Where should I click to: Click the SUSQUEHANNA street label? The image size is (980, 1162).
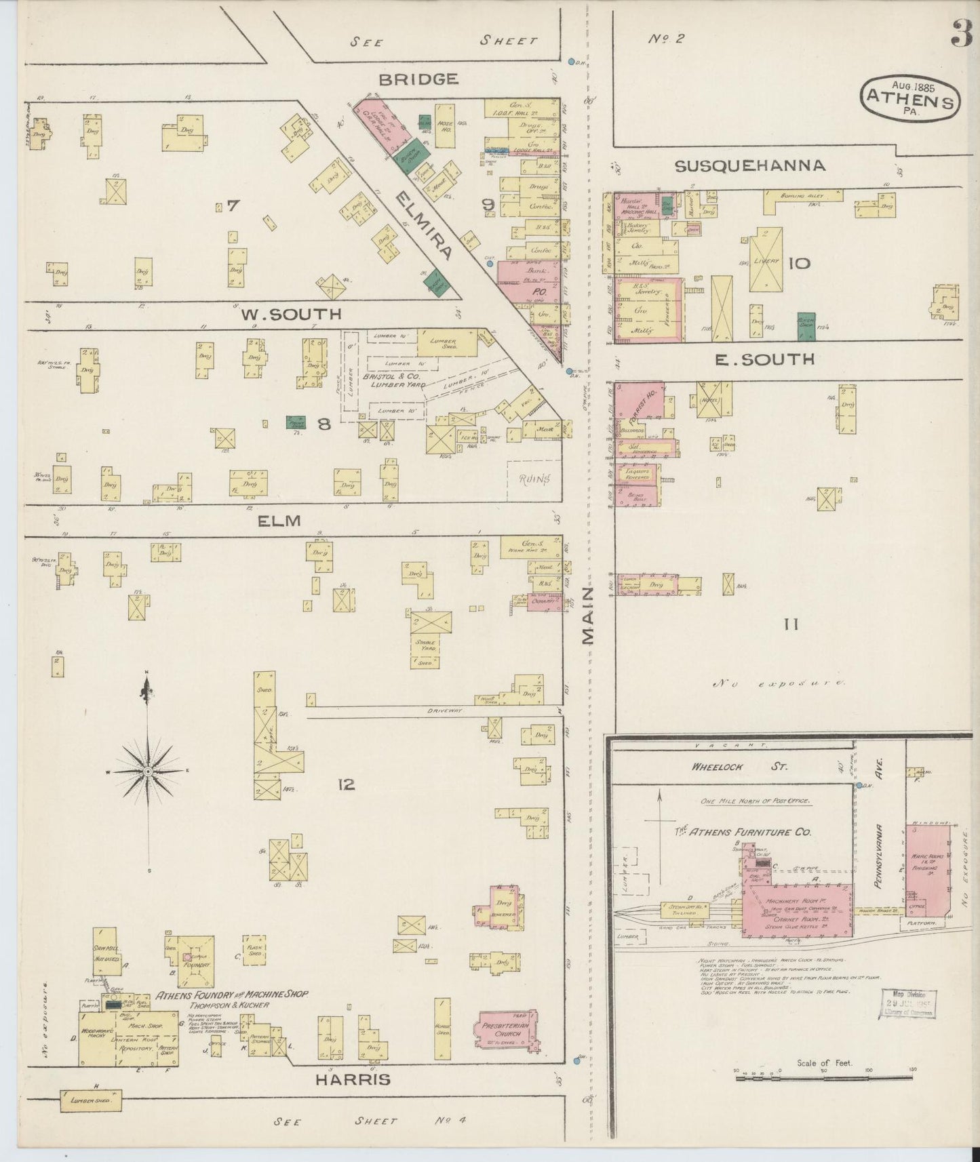click(749, 165)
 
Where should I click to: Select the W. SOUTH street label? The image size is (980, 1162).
click(290, 315)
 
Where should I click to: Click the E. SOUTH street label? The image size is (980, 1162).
click(764, 359)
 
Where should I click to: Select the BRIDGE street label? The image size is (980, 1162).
click(418, 79)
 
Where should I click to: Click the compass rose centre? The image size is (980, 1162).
click(147, 772)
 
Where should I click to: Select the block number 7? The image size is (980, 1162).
click(233, 205)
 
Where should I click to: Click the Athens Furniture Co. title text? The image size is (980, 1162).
click(741, 832)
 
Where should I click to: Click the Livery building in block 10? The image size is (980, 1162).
click(766, 260)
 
